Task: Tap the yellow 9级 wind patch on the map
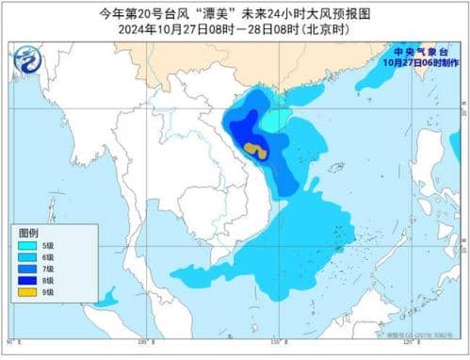tap(255, 149)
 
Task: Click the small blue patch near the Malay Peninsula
tap(106, 301)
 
